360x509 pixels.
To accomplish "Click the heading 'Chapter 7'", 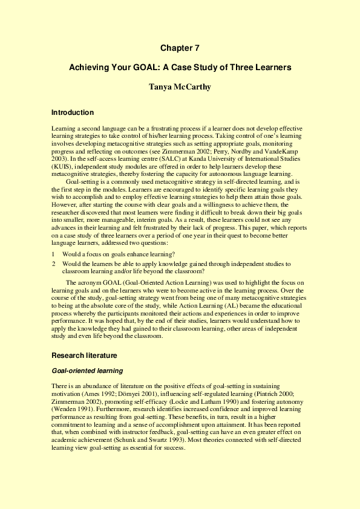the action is click(x=180, y=48).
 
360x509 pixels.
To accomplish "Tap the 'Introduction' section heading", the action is click(x=73, y=112).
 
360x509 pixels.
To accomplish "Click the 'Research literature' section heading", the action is click(x=84, y=355).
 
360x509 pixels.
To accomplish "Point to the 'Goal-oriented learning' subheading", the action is click(x=87, y=371).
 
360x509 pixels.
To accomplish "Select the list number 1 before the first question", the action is click(x=54, y=253).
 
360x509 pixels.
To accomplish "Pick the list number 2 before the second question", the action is click(x=54, y=264).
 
